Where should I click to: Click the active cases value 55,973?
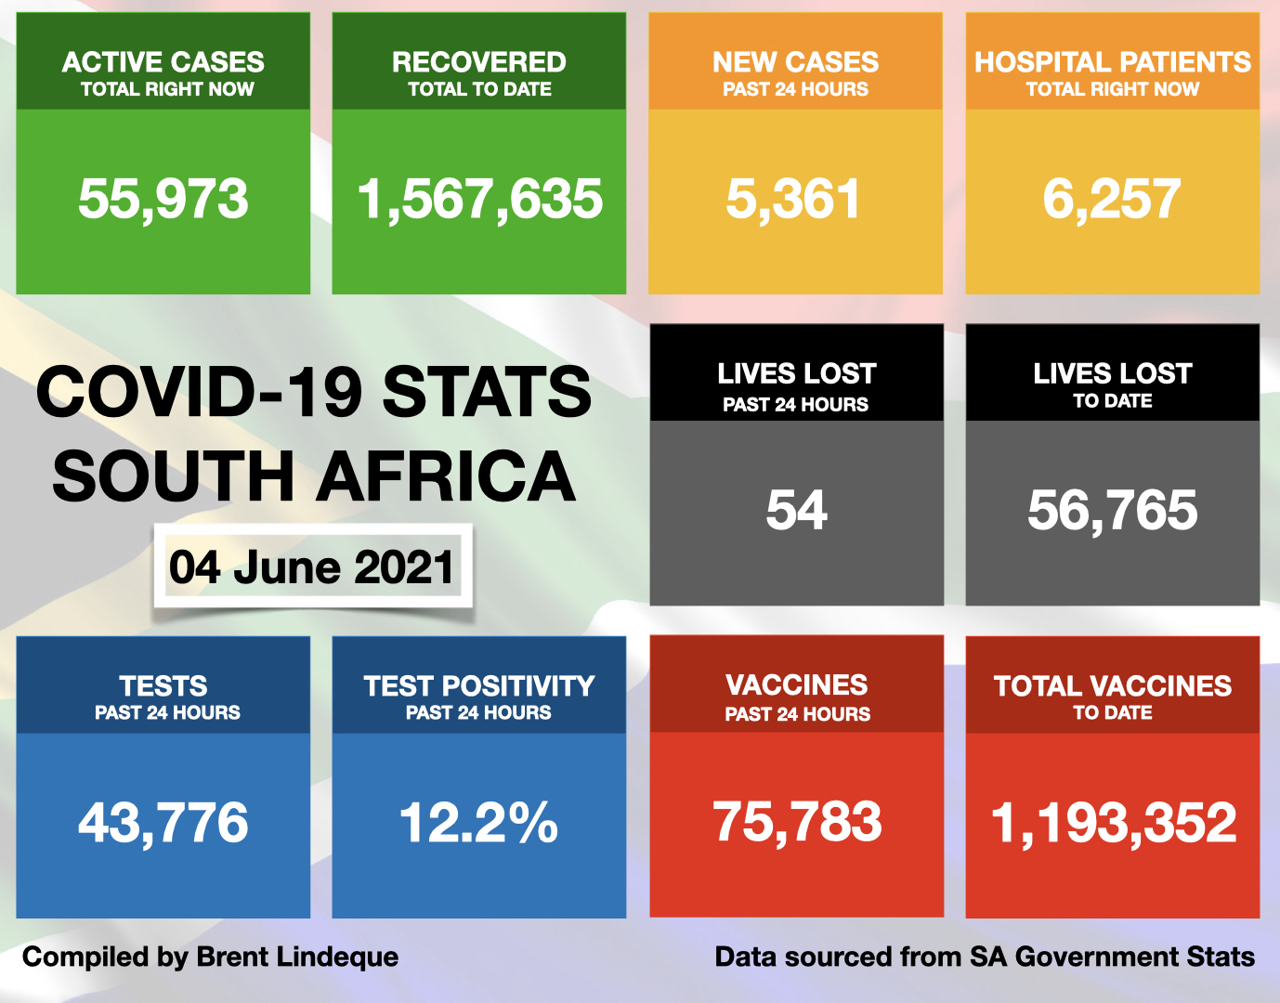tap(163, 200)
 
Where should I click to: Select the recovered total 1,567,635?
tap(479, 200)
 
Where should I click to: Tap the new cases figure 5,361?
tap(794, 200)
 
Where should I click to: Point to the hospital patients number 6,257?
tap(1112, 200)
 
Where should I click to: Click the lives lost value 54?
tap(796, 511)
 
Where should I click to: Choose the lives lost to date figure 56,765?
tap(1112, 511)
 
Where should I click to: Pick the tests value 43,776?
tap(163, 823)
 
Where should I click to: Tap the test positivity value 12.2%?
tap(478, 823)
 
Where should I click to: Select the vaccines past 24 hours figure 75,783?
tap(797, 822)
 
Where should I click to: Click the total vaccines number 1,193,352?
tap(1113, 823)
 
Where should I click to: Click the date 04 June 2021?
tap(312, 567)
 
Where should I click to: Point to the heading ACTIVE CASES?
tap(163, 62)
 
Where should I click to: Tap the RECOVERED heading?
tap(479, 62)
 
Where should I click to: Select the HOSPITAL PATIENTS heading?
tap(1112, 62)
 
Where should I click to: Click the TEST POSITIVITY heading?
tap(479, 686)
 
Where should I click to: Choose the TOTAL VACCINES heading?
tap(1112, 686)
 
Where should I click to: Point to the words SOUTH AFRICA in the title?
tap(314, 476)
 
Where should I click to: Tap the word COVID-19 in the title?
tap(200, 392)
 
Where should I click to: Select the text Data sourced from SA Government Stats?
tap(985, 957)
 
